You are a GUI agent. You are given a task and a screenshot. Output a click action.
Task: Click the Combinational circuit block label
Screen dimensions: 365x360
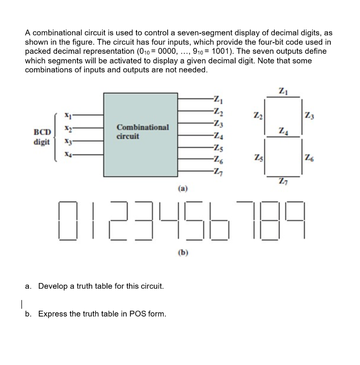pos(143,132)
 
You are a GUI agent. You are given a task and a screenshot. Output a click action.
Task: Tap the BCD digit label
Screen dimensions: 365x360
pos(42,136)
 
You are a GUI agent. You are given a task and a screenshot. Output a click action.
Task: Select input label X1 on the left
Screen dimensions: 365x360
pos(66,115)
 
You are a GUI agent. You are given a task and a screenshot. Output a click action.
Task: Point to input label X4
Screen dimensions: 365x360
pos(67,154)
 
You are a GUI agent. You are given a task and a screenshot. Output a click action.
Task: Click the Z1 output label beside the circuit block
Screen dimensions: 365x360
pos(217,99)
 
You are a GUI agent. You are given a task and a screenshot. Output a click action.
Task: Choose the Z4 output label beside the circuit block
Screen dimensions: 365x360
pos(217,136)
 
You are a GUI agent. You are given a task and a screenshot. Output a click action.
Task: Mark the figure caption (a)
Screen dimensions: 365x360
pos(182,188)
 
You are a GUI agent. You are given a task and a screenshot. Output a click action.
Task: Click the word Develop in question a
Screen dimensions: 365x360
pos(51,286)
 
